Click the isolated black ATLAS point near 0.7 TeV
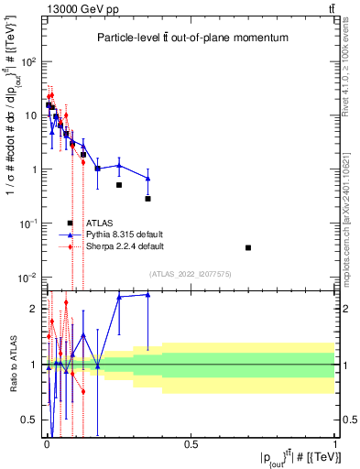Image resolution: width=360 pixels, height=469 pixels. coord(248,248)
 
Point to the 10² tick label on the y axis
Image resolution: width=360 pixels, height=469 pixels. coord(29,62)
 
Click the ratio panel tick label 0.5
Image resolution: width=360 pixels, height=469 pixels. coord(30,420)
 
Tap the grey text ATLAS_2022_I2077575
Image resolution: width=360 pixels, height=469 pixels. coord(191,273)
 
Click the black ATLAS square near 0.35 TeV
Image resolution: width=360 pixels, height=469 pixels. coord(147,199)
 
